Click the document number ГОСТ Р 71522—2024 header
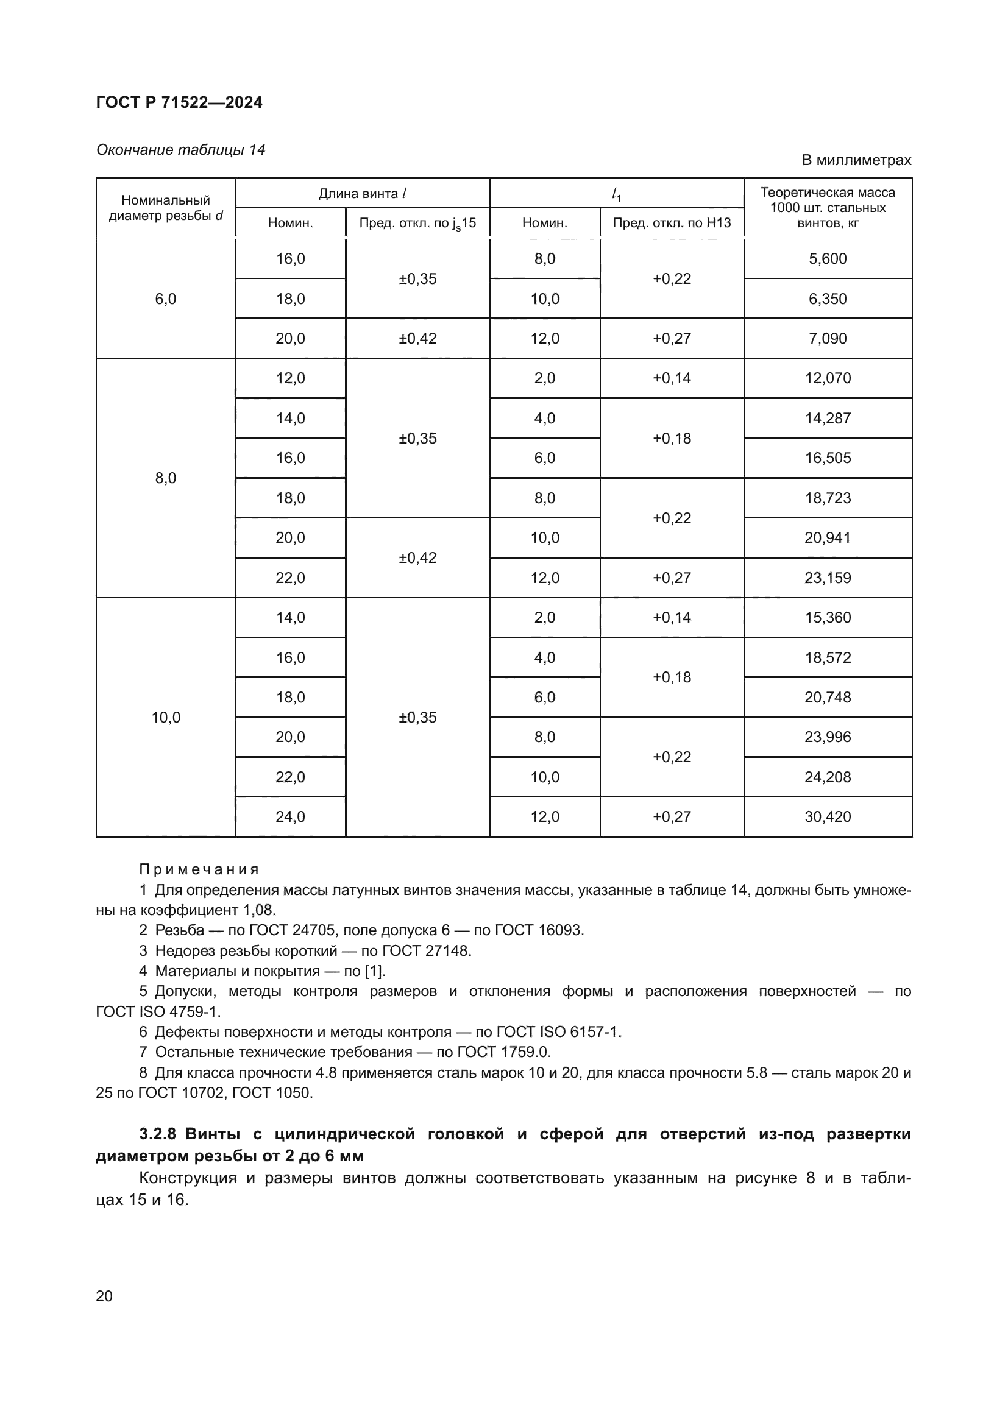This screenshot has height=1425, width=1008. point(179,103)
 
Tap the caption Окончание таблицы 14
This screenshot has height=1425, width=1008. point(180,150)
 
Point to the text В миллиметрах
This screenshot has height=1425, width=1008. point(856,161)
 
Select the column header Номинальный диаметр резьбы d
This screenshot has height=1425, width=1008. point(166,208)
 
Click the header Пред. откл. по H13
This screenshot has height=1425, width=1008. point(672,223)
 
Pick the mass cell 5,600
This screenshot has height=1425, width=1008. point(828,259)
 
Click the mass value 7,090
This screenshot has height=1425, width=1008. point(828,339)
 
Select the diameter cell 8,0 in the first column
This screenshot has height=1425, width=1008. point(166,478)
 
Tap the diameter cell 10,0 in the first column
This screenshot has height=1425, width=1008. point(166,718)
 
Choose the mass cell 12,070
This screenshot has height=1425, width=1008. point(828,378)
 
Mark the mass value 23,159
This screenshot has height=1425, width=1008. point(828,578)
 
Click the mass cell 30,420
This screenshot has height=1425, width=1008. point(828,817)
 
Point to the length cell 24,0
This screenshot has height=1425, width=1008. point(291,817)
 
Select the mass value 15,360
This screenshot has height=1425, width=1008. point(828,618)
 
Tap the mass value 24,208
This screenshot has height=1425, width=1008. point(828,777)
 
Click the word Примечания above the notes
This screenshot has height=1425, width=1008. point(199,869)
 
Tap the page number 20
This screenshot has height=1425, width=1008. point(104,1296)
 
